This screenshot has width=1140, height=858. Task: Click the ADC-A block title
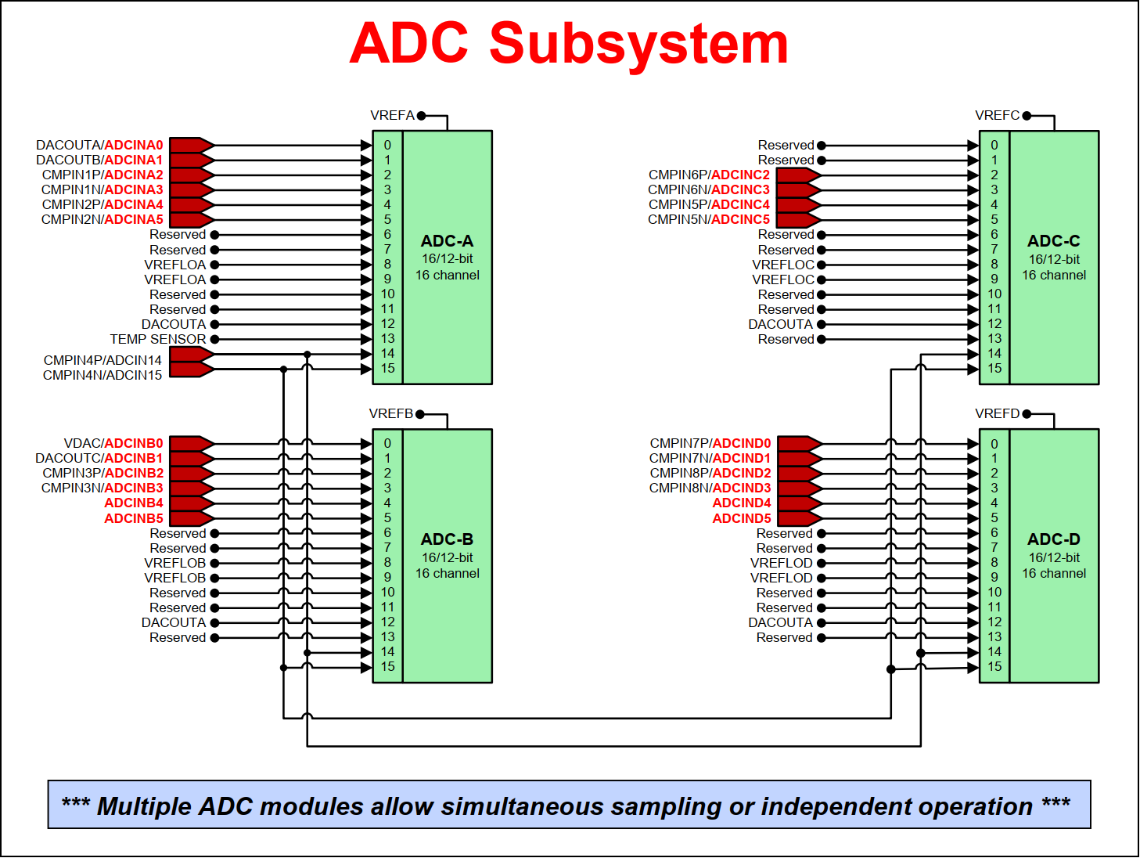pos(447,241)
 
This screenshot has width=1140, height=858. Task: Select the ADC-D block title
pos(1053,539)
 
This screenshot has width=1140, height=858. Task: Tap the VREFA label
pos(392,115)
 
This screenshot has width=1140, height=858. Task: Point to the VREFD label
pos(997,413)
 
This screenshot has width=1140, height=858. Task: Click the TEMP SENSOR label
pos(158,339)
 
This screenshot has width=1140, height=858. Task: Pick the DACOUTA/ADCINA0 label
pos(99,145)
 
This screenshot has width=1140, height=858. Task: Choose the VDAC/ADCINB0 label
pos(113,443)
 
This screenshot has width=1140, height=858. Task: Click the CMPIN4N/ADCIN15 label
pos(102,375)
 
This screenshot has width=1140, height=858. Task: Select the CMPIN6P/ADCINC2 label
pos(709,175)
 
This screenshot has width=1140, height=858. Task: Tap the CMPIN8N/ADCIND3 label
pos(710,488)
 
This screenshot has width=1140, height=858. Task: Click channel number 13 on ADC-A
pos(387,339)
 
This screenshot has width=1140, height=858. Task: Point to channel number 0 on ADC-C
pos(994,145)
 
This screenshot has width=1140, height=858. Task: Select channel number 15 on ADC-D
pos(994,667)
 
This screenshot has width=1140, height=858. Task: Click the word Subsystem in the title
pos(638,44)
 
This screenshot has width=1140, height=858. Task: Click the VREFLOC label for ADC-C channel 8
pos(783,265)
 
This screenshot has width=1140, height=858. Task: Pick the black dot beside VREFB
pos(420,414)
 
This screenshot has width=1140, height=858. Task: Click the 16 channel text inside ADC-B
pos(447,573)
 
